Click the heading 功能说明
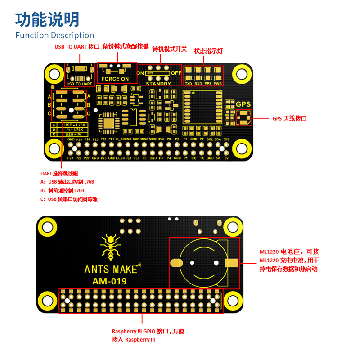click(47, 19)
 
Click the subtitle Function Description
click(54, 35)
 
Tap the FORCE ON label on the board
click(115, 79)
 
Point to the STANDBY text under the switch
click(158, 84)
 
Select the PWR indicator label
click(218, 83)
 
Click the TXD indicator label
click(189, 83)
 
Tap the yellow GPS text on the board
click(243, 104)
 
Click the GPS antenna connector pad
click(244, 117)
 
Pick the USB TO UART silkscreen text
click(79, 84)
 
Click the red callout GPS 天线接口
click(289, 119)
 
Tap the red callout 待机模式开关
click(170, 49)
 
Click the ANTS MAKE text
click(111, 269)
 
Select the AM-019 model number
click(109, 282)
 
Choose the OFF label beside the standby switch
click(175, 73)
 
